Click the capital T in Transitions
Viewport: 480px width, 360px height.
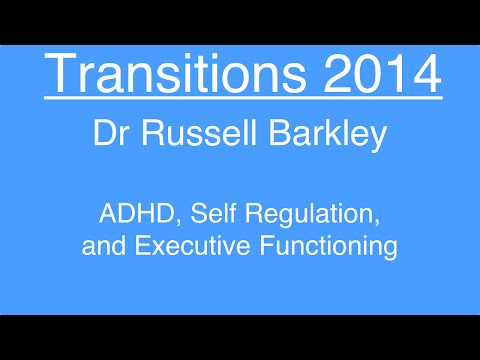[62, 76]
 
